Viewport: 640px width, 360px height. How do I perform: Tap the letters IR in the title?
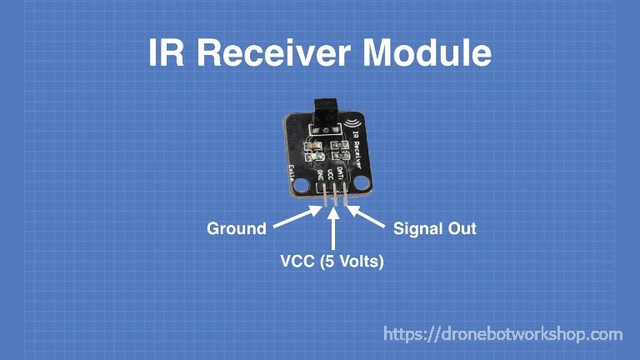click(x=163, y=53)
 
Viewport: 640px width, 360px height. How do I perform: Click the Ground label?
click(x=237, y=228)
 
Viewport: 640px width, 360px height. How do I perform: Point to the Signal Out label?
click(x=435, y=228)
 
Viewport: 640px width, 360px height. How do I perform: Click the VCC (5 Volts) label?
click(x=332, y=262)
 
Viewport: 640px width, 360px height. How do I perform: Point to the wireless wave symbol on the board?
click(x=355, y=127)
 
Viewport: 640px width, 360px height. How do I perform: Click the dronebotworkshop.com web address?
click(x=502, y=334)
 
